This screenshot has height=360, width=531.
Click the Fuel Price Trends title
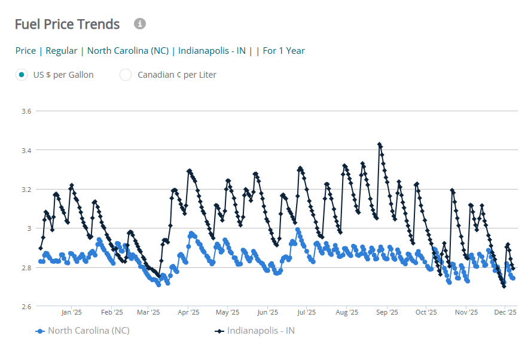[67, 25]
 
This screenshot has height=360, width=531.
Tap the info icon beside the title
[140, 24]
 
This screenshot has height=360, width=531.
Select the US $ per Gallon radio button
[22, 75]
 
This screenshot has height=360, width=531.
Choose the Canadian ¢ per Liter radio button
[126, 75]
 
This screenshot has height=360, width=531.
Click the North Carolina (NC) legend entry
[88, 331]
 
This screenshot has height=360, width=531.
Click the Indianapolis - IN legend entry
[260, 331]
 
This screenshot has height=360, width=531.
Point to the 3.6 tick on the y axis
[26, 111]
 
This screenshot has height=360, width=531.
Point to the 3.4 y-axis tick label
[26, 150]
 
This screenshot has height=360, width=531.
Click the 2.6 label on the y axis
[26, 307]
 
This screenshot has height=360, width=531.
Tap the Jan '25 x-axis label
[71, 312]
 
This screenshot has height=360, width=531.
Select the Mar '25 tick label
[148, 312]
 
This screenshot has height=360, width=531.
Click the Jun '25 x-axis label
[267, 312]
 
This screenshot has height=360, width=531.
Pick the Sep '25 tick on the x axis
[387, 312]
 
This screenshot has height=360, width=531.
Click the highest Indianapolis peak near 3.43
[379, 144]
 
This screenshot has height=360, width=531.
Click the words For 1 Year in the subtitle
[284, 51]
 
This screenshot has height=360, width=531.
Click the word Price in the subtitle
[26, 51]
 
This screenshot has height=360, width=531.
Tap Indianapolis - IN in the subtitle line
[212, 51]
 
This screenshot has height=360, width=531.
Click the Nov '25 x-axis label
[466, 312]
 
